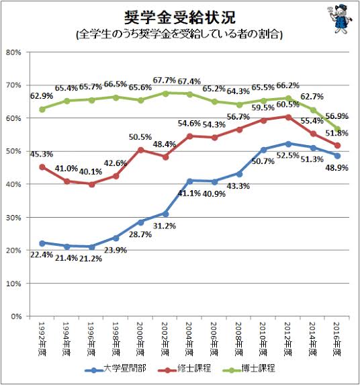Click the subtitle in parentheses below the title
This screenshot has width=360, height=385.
pyautogui.click(x=179, y=33)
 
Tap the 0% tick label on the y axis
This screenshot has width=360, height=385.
pyautogui.click(x=16, y=316)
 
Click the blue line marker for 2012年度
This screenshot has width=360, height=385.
pyautogui.click(x=288, y=144)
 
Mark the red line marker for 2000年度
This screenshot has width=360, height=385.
pyautogui.click(x=140, y=150)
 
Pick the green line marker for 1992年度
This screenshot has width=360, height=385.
pyautogui.click(x=42, y=109)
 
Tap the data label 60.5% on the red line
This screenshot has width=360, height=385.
pyautogui.click(x=288, y=105)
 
